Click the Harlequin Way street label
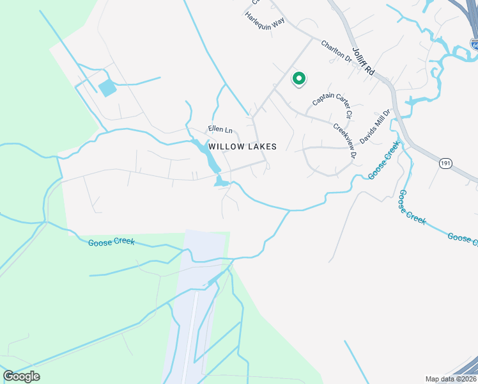tap(265, 22)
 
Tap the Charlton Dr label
tap(336, 51)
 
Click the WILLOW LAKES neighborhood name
tap(243, 147)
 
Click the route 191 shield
tap(445, 164)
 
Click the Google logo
tap(21, 376)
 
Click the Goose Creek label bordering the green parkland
tap(111, 243)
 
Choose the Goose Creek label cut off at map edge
tap(461, 239)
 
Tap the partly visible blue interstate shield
tap(474, 44)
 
